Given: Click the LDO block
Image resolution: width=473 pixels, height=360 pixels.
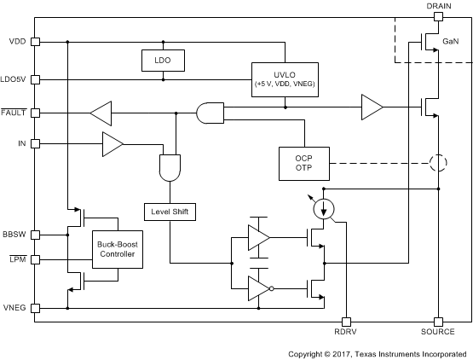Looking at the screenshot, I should (x=163, y=61).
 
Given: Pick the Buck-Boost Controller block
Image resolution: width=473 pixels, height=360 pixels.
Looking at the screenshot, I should (x=117, y=250).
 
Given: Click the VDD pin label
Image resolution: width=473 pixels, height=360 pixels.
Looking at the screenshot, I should (x=16, y=41).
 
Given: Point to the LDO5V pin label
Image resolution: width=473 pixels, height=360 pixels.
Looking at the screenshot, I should (x=14, y=80).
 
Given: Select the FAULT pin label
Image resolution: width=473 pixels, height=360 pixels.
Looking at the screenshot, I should (x=14, y=112).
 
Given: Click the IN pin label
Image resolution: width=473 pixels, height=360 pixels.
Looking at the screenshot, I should (x=21, y=143).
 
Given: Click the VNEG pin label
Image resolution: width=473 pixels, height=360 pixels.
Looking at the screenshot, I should (x=14, y=308).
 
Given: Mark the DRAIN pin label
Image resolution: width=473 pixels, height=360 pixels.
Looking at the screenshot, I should (x=437, y=6).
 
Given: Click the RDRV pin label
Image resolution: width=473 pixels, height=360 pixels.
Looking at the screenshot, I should (x=346, y=332).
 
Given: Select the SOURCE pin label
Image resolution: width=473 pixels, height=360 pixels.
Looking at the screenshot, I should (x=438, y=332).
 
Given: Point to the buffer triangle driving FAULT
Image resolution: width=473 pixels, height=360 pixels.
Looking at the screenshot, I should (x=101, y=112).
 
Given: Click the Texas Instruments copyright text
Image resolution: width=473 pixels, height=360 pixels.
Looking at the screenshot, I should (x=378, y=353).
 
